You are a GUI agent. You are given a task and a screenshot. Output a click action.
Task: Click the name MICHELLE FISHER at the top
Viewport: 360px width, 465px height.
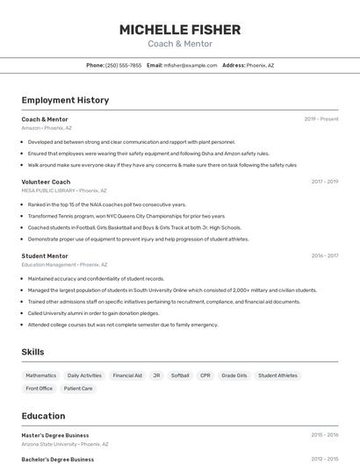click(179, 29)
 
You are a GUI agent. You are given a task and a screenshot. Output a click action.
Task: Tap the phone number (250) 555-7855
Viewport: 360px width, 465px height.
click(123, 65)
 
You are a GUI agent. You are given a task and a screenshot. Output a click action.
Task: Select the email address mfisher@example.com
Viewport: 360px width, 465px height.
click(190, 65)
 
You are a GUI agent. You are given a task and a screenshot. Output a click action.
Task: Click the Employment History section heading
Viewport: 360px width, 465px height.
click(65, 100)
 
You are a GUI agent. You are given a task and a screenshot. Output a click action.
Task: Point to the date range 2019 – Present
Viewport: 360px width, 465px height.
click(320, 118)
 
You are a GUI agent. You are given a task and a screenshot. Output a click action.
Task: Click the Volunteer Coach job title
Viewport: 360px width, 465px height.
click(46, 182)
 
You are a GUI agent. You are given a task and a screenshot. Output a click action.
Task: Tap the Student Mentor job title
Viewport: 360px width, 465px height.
click(45, 255)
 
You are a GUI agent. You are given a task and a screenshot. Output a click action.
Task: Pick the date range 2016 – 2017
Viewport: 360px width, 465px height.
click(324, 255)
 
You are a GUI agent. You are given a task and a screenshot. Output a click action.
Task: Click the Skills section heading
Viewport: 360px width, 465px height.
click(32, 352)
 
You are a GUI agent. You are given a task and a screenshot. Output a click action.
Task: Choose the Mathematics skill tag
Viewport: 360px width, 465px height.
click(40, 376)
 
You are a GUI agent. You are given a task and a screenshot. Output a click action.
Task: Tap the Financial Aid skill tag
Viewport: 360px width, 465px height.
click(127, 376)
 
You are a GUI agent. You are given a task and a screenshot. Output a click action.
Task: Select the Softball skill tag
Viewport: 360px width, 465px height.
click(180, 376)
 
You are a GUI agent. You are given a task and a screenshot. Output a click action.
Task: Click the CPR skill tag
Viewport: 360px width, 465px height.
click(205, 376)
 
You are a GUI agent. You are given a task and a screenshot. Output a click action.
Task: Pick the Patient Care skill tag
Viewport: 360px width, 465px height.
click(78, 389)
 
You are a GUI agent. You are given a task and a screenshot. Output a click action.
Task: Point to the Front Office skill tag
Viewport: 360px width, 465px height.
click(39, 389)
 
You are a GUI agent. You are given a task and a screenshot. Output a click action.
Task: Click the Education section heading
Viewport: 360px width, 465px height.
click(43, 416)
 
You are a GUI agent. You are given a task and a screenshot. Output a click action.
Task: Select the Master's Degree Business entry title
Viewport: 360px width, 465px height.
click(55, 435)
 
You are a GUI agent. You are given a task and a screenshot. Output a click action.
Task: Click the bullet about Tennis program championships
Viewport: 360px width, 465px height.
click(126, 216)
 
